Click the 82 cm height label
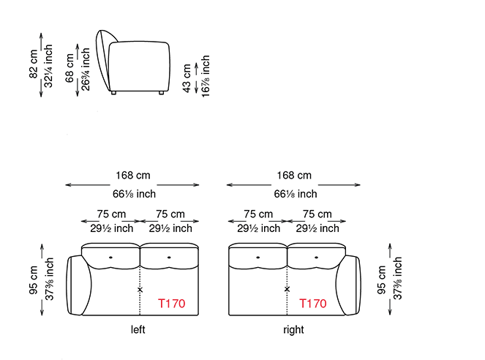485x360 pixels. (x=34, y=64)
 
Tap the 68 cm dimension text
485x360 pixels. (x=69, y=68)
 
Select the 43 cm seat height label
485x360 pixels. (x=187, y=78)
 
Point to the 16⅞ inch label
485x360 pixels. (x=206, y=76)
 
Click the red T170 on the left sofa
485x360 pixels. (x=172, y=304)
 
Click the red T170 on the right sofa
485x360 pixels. (x=312, y=304)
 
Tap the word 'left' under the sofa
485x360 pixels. (x=138, y=329)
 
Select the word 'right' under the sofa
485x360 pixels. (x=293, y=330)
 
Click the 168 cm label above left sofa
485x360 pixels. (x=133, y=176)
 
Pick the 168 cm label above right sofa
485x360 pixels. (x=294, y=176)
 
